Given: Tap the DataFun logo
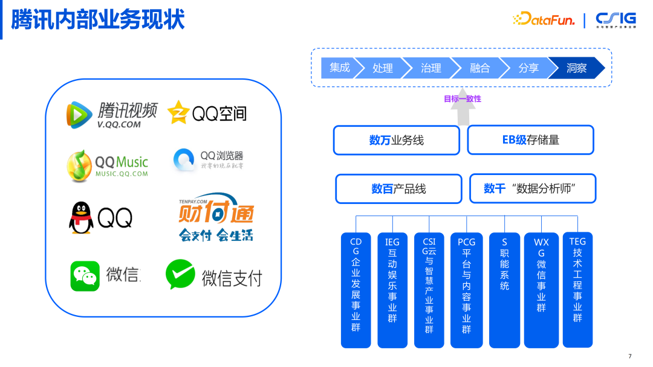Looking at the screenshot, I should (x=544, y=19).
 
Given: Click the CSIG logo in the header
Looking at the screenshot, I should (x=616, y=19).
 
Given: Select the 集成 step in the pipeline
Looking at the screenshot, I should (x=340, y=68).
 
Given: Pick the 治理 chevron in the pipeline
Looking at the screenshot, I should (x=430, y=68).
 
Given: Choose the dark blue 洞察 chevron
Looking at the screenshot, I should (x=576, y=68).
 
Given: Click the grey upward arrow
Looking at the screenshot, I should (x=463, y=112).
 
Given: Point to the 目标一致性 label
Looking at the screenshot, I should (x=463, y=98).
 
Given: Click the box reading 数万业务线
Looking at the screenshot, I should (x=396, y=140).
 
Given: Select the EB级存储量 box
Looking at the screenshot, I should (x=530, y=140).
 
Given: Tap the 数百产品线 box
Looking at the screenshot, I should (x=398, y=189).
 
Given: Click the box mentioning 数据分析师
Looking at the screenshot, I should (x=532, y=188).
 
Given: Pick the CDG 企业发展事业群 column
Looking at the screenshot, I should (x=356, y=290).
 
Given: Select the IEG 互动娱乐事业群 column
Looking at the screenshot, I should (x=392, y=290).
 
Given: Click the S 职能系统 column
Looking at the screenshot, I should (x=504, y=290).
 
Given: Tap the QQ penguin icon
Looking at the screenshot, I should (x=82, y=218).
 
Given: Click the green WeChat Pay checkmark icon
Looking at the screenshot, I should (x=180, y=275).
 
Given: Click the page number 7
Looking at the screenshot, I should (x=630, y=356).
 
